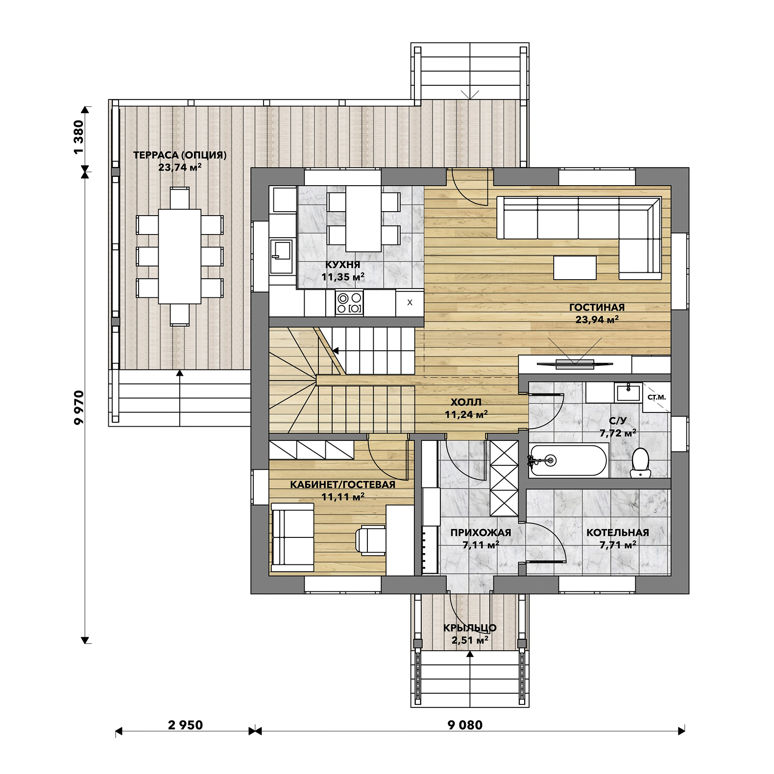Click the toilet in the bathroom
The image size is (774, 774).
[x=640, y=462]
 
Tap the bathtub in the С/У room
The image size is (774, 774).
[x=568, y=460]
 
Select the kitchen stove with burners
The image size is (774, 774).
[x=349, y=302]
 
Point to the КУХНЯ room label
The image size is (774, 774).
[x=343, y=265]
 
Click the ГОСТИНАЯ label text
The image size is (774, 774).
[x=597, y=308]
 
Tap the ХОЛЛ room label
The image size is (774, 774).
[x=466, y=403]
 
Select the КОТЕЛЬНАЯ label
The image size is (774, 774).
[x=618, y=532]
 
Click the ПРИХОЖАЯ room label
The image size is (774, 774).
[x=481, y=532]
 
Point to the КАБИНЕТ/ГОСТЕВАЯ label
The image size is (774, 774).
[x=342, y=484]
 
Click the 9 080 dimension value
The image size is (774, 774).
[x=465, y=725]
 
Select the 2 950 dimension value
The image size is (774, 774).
[x=185, y=725]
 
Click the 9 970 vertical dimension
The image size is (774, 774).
[x=79, y=407]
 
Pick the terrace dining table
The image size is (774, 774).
[x=179, y=256]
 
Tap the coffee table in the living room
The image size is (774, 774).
[x=575, y=267]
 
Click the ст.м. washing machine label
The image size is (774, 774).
[x=656, y=397]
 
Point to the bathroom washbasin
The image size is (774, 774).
[x=628, y=392]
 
